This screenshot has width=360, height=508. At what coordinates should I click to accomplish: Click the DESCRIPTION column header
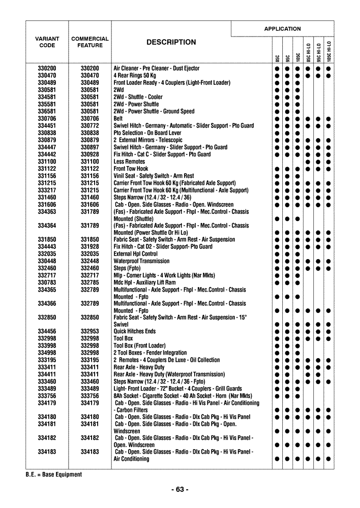coord(171,42)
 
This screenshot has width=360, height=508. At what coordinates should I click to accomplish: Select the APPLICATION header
coord(282,29)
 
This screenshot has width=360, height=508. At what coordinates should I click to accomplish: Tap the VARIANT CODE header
coord(47,42)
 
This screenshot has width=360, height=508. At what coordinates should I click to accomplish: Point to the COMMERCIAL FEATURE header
coord(90,42)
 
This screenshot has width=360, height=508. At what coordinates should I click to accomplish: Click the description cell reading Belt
coord(118,118)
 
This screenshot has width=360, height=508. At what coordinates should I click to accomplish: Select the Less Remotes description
coord(129,162)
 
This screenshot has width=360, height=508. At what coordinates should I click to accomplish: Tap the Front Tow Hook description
coord(131,169)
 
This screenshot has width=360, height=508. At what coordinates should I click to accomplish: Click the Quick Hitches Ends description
coord(134,331)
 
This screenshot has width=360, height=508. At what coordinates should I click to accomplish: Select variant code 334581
coord(47,97)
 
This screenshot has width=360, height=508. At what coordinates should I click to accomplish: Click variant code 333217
coord(47,190)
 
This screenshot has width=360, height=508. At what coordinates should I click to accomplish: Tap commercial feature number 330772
coord(90,125)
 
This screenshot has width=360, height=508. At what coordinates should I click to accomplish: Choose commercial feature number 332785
coord(90,282)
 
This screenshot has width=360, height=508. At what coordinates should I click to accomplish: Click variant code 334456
coord(47,331)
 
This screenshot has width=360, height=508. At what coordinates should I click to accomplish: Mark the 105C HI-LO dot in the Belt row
coord(328,119)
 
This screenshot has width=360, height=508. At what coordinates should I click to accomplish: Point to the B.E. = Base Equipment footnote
coord(53,474)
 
